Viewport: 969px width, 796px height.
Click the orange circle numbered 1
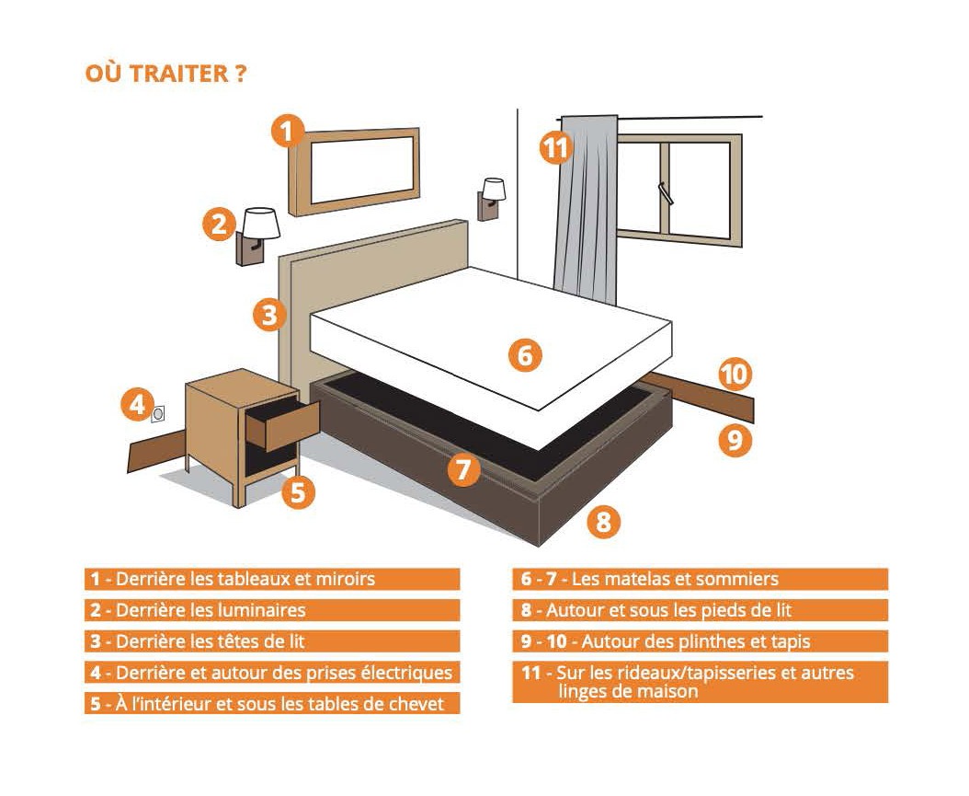click(x=288, y=131)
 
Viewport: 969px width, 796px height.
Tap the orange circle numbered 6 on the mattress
click(x=525, y=355)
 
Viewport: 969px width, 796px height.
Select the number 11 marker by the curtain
click(x=555, y=148)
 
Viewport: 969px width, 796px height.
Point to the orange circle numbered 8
click(x=603, y=522)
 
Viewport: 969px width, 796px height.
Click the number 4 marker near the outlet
click(x=137, y=405)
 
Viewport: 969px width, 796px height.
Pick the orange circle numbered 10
click(x=735, y=375)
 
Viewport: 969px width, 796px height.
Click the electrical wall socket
click(x=158, y=414)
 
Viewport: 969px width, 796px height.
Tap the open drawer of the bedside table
click(x=282, y=424)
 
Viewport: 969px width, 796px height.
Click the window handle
click(x=665, y=193)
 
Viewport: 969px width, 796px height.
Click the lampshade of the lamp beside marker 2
click(x=261, y=223)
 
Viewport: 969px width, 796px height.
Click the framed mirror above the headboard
click(x=355, y=171)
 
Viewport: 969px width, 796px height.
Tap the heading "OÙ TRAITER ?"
click(x=165, y=73)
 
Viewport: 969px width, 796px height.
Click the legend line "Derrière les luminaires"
click(x=211, y=610)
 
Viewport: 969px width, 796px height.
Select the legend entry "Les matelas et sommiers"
click(x=675, y=580)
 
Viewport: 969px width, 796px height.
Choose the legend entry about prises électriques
click(x=272, y=673)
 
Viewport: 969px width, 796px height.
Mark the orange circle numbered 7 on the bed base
click(x=463, y=469)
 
